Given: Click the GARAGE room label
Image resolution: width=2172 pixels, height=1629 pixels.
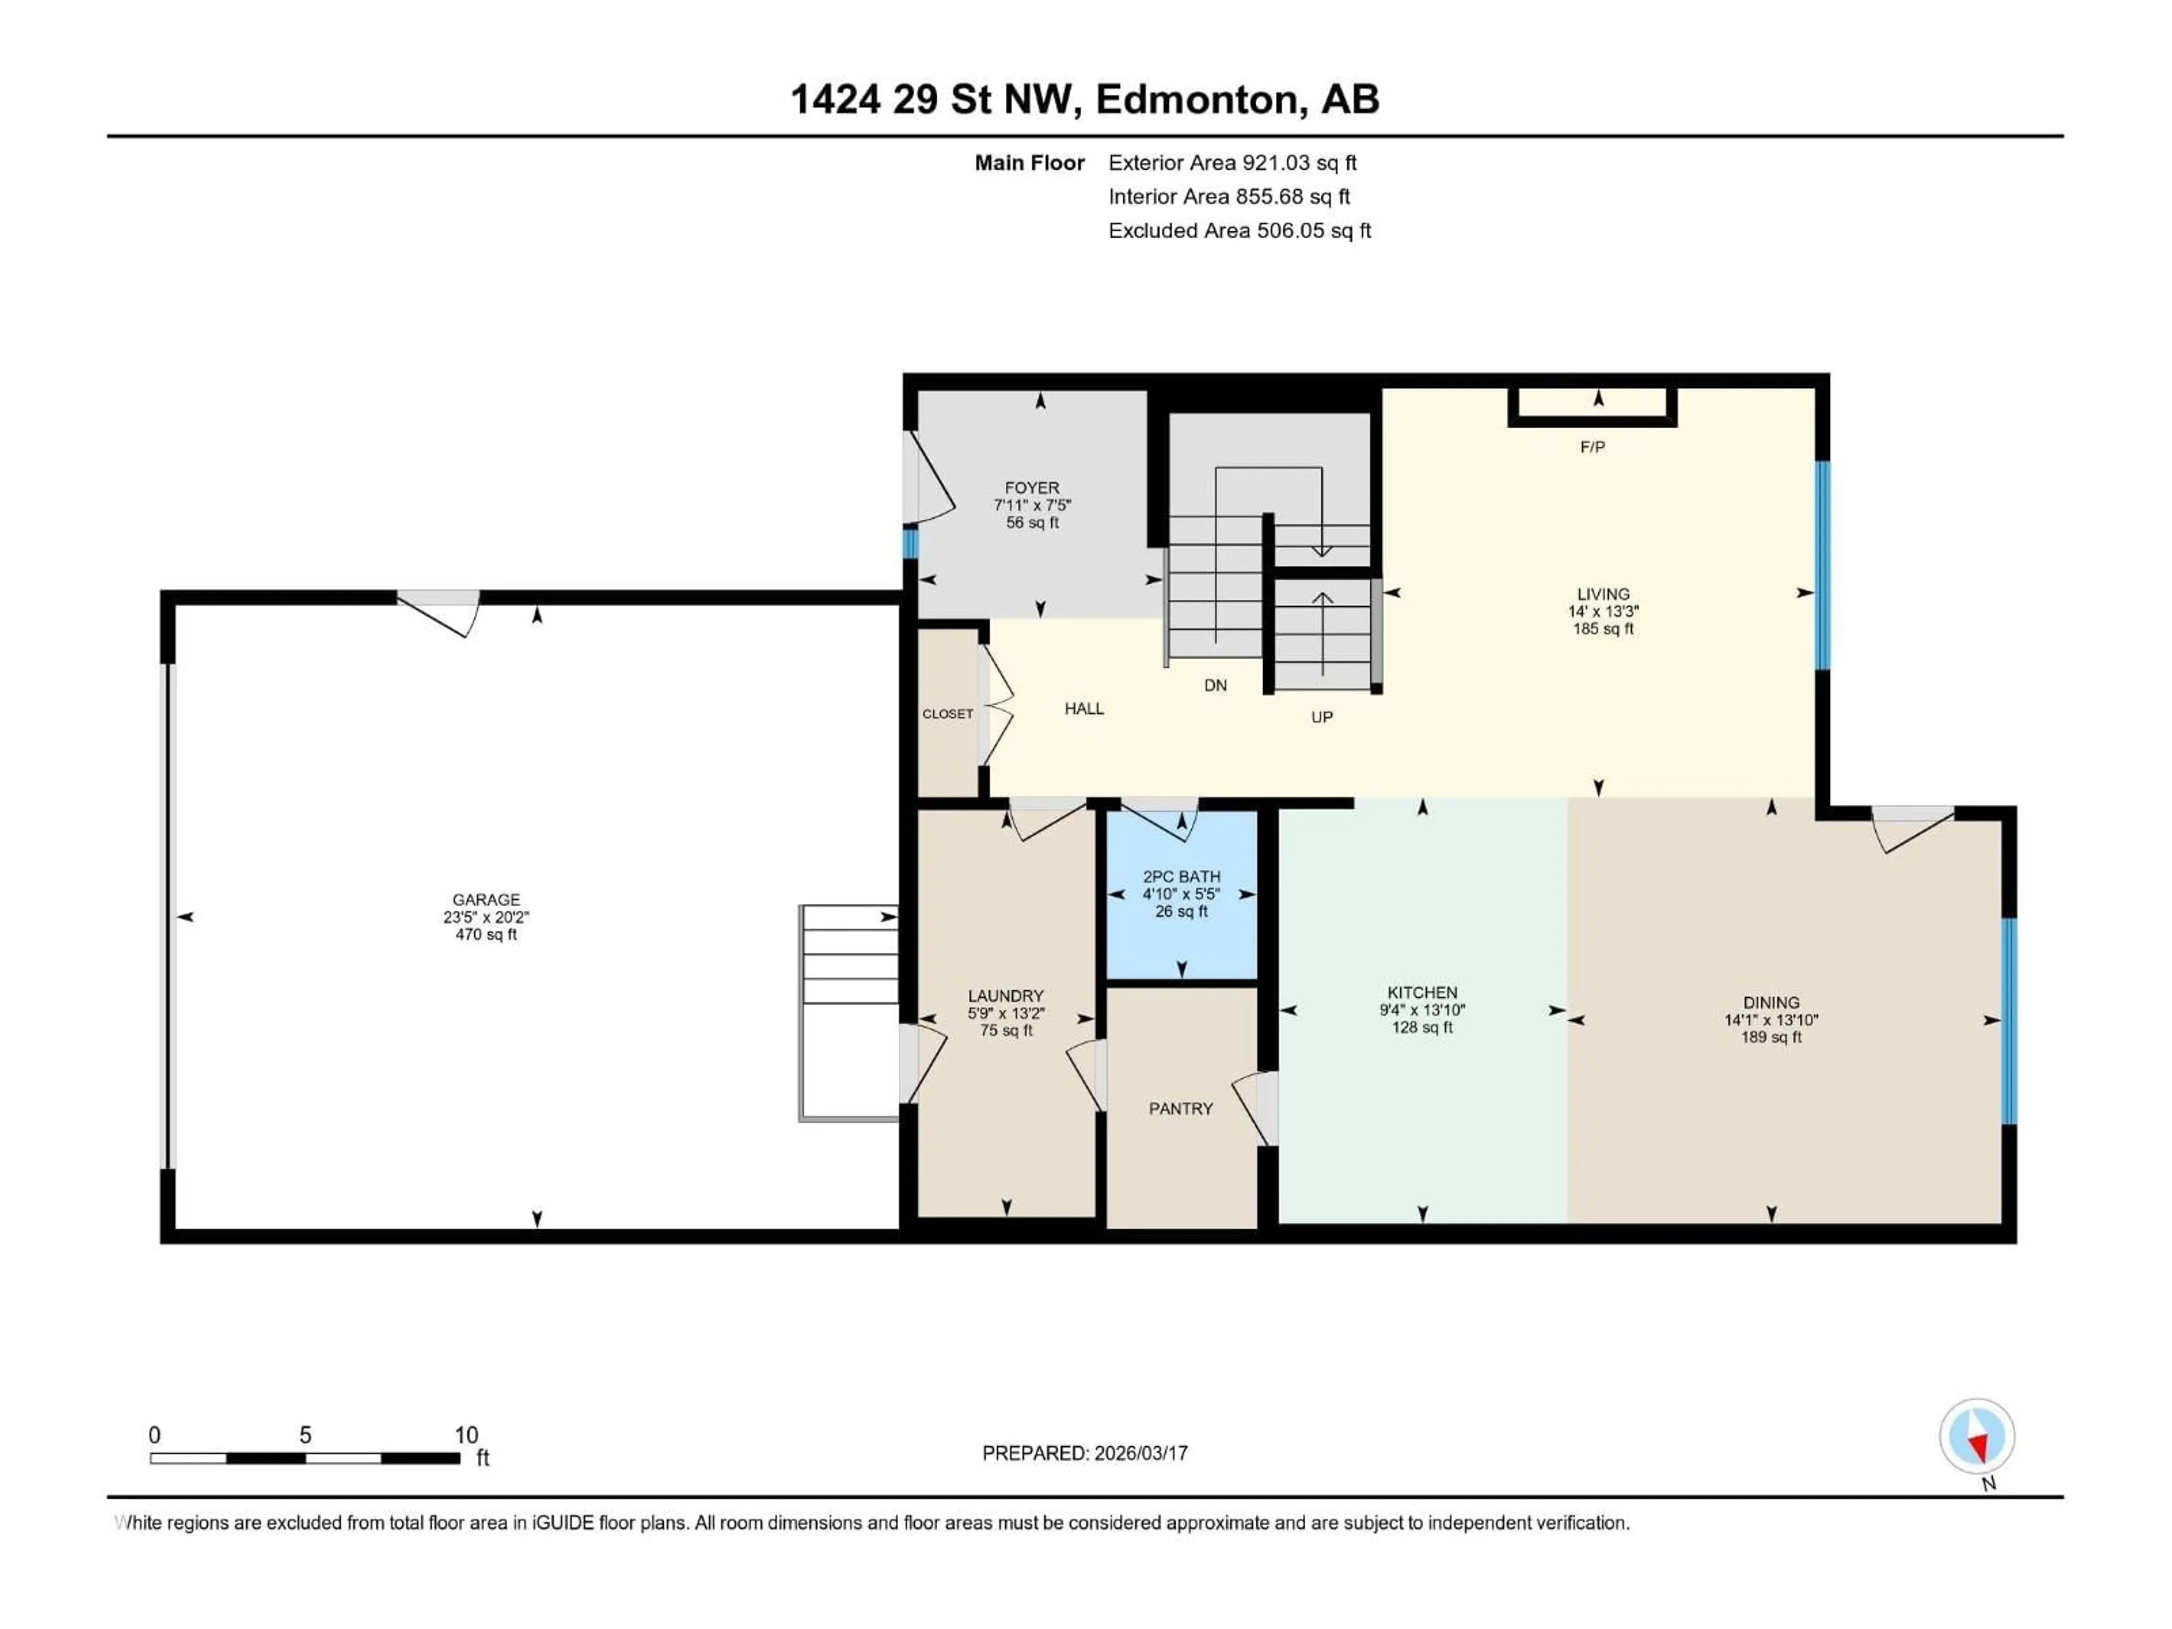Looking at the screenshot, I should (x=485, y=899).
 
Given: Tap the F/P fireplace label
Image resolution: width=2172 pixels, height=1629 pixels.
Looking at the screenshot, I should (x=1592, y=448).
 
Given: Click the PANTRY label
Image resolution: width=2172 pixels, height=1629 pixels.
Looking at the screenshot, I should (x=1180, y=1109).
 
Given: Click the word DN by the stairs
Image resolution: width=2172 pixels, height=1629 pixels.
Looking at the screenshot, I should (x=1214, y=686).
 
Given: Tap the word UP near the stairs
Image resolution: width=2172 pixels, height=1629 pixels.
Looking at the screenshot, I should (x=1322, y=717).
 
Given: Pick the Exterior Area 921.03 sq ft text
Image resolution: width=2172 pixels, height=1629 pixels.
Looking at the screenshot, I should (x=1232, y=163).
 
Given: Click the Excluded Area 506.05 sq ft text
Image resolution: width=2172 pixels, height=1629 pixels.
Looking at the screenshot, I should (x=1239, y=231).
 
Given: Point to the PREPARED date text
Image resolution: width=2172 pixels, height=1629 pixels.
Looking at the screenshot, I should (x=1085, y=1453).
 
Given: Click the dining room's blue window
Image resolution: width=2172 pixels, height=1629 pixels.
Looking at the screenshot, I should (x=2009, y=1020).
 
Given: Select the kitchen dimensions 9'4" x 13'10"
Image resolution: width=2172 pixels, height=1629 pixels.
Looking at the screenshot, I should (x=1422, y=1010).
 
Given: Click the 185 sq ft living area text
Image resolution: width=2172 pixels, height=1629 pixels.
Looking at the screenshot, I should (x=1602, y=628).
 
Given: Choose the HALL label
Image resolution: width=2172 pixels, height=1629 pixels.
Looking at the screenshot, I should (x=1084, y=708).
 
